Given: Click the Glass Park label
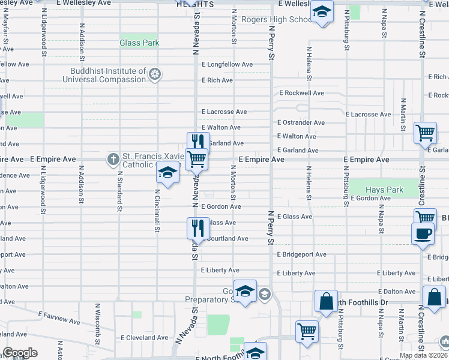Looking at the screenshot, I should tap(139, 43).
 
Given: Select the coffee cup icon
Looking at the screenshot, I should tap(423, 233).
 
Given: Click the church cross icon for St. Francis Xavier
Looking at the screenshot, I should tap(113, 160).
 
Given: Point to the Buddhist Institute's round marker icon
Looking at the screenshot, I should tap(155, 74).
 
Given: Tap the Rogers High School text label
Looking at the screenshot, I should tap(276, 19).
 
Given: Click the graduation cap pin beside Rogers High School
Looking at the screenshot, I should tap(322, 12).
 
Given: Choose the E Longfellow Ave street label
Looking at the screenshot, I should tap(228, 64).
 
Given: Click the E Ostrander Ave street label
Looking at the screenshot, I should tap(301, 122).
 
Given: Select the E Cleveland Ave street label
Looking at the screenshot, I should tap(144, 337).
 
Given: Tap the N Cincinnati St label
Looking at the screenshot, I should tap(157, 212).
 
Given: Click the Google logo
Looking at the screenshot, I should tap(20, 353).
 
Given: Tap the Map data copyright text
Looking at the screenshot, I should tap(423, 355).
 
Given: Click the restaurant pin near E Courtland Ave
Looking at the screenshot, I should tap(197, 228).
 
